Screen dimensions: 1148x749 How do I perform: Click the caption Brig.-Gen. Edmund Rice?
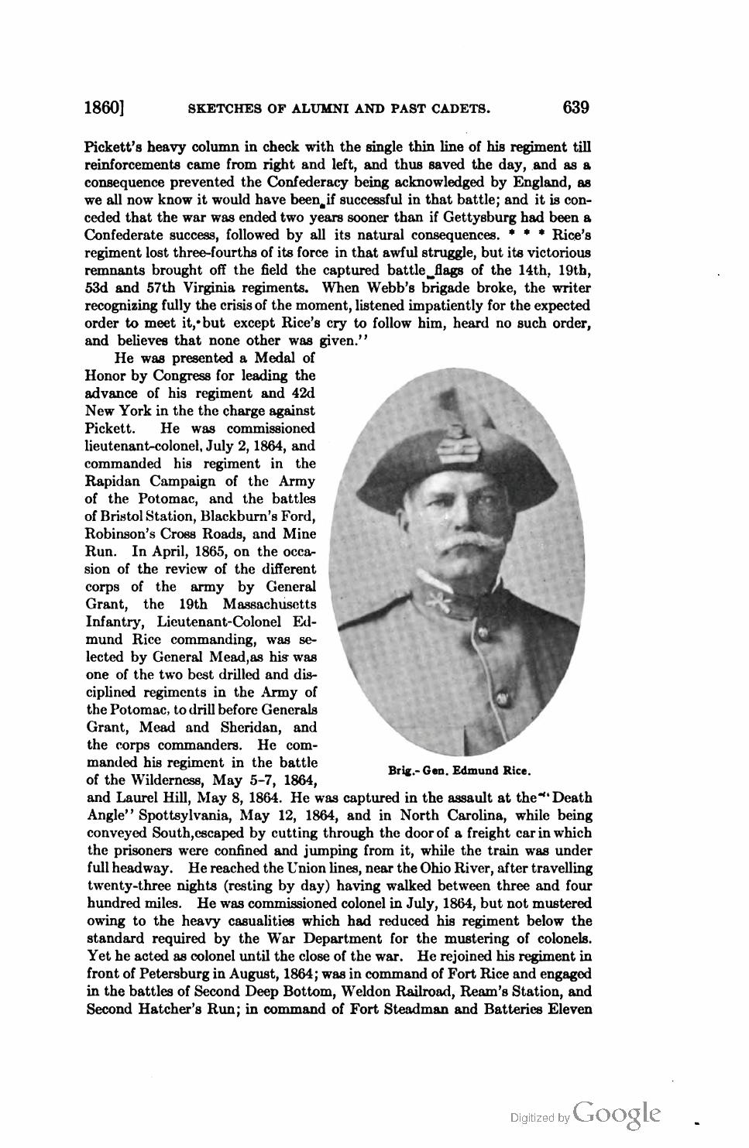(459, 771)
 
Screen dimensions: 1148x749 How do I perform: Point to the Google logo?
(618, 1113)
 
